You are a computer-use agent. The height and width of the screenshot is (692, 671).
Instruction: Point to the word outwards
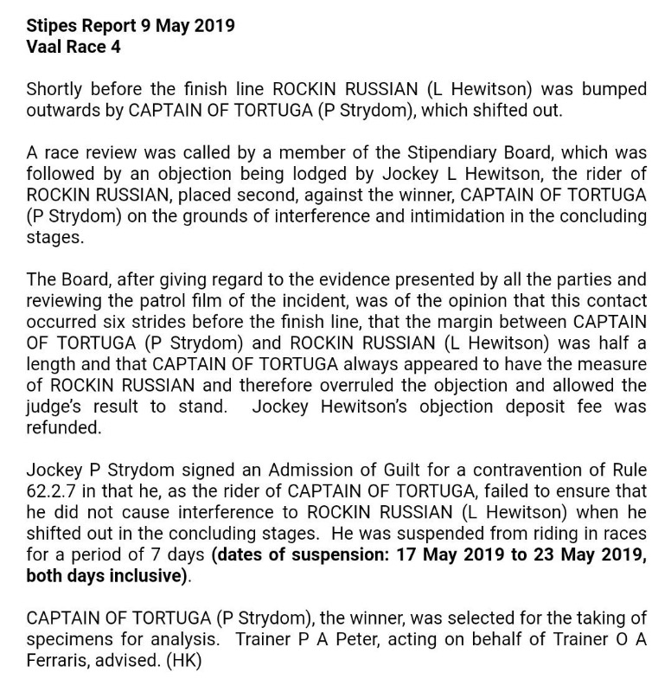coord(61,110)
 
